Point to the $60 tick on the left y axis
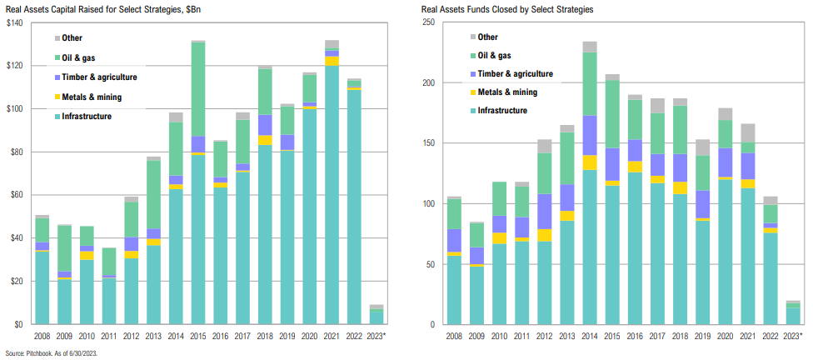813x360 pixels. coord(16,196)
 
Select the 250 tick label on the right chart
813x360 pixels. coord(429,22)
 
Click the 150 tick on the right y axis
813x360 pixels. coord(429,143)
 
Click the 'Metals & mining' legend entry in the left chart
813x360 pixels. coord(91,97)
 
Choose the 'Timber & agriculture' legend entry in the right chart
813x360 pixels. coord(515,74)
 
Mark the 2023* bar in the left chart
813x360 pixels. coord(377,315)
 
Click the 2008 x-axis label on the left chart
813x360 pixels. coord(40,337)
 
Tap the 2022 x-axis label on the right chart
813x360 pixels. coord(771,337)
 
